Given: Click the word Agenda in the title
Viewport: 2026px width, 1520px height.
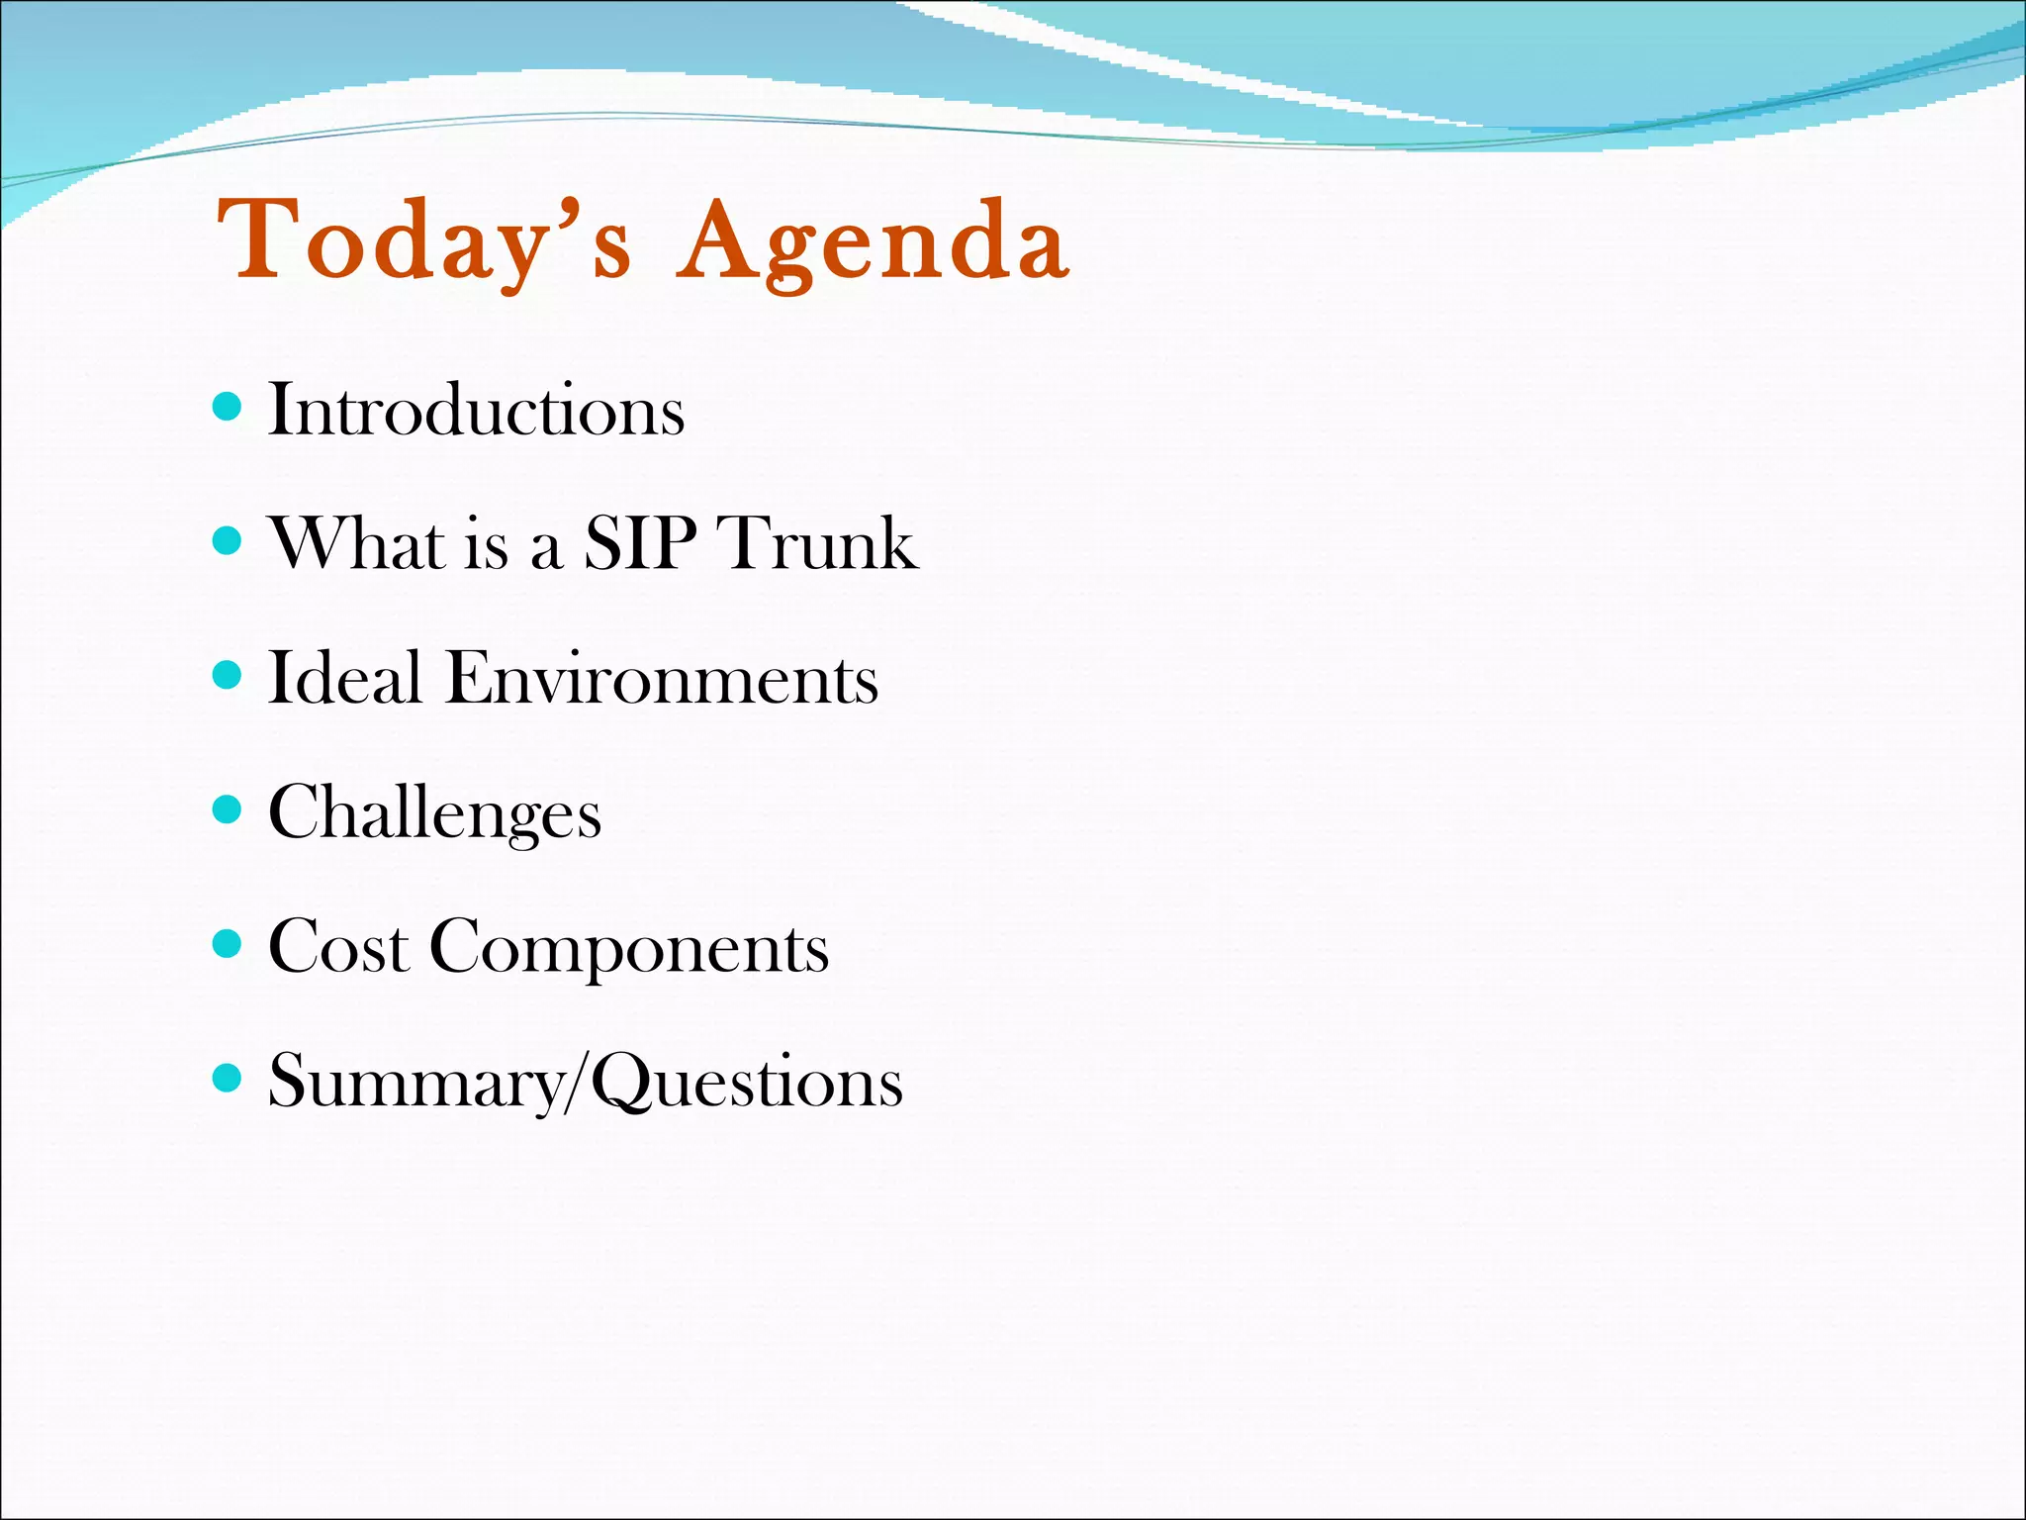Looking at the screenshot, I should [873, 240].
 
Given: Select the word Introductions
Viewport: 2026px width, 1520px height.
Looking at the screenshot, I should [476, 410].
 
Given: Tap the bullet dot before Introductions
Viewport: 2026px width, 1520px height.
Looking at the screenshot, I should [228, 406].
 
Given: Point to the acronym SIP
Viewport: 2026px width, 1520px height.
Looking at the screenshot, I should [639, 543].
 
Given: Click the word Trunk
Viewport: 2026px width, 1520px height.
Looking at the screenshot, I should [819, 543].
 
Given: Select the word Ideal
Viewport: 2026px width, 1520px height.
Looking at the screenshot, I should [345, 679].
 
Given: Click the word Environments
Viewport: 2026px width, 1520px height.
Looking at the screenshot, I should [662, 679].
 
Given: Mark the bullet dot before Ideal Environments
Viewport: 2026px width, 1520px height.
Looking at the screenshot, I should [228, 675].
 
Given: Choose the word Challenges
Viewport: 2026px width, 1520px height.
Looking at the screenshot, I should [434, 813].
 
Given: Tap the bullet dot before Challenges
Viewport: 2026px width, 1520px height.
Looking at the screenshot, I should [228, 809].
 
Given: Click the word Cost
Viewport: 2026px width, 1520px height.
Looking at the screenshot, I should [338, 947].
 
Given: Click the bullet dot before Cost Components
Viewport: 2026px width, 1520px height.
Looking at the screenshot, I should [228, 944].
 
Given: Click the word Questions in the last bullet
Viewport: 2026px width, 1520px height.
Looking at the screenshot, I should [747, 1083].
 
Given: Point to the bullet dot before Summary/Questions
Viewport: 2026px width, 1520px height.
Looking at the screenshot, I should [228, 1078].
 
